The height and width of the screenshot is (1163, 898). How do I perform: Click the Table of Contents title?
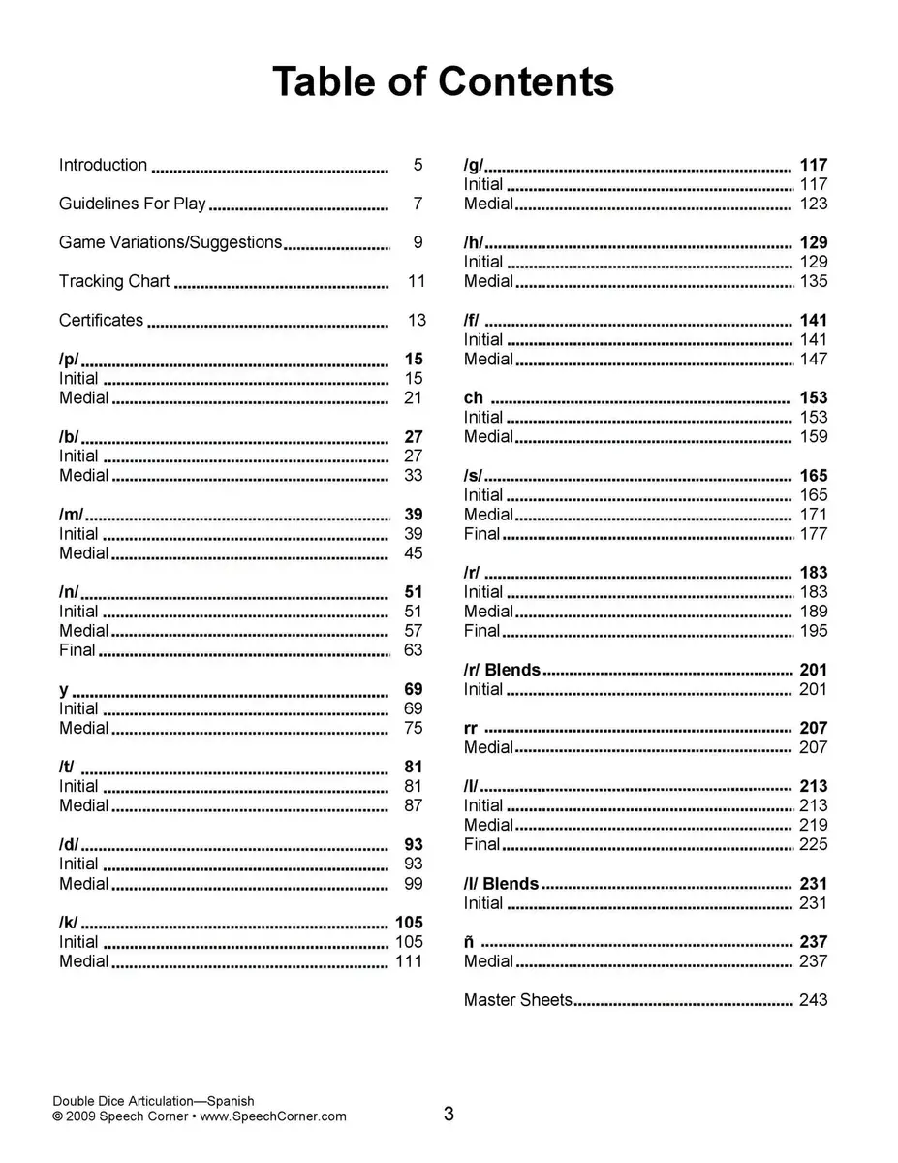click(x=443, y=81)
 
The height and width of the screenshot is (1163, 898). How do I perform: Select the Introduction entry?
click(x=103, y=165)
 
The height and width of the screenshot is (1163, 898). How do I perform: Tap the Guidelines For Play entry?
click(x=133, y=204)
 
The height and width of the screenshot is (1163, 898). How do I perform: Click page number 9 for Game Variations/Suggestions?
click(x=418, y=242)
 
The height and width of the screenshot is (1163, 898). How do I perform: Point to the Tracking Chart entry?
click(x=114, y=281)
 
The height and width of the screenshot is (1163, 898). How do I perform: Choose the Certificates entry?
click(x=101, y=320)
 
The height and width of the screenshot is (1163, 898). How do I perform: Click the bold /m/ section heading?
click(x=71, y=515)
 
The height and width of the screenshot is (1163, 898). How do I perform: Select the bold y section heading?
click(x=64, y=689)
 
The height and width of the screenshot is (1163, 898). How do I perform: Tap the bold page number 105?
click(x=409, y=922)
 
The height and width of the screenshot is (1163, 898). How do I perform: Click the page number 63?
click(x=414, y=650)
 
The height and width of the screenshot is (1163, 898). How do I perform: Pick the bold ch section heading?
click(x=473, y=397)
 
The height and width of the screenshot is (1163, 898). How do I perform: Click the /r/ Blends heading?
click(x=502, y=670)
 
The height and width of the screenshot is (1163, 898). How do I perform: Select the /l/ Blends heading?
click(x=501, y=883)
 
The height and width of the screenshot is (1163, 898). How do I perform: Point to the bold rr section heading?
click(x=471, y=728)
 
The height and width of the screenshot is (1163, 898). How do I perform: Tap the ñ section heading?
click(x=469, y=941)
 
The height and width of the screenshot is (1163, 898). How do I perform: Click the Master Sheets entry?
click(x=517, y=999)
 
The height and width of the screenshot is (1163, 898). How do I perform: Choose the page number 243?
click(x=813, y=999)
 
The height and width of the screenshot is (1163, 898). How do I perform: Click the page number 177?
click(x=813, y=534)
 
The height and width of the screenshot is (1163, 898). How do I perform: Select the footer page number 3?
click(x=449, y=1115)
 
